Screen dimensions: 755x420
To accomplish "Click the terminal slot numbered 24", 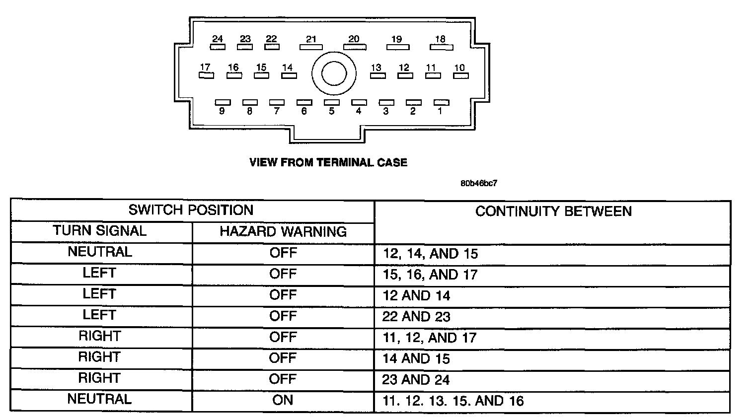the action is tap(218, 47).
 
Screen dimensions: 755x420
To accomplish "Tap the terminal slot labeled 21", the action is tap(311, 47).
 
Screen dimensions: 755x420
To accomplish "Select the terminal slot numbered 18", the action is tap(442, 47).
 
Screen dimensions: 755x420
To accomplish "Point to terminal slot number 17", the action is tap(206, 75).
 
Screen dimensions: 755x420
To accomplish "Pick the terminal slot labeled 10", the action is tap(460, 75).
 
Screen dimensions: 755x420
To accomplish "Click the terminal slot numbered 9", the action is tap(222, 102).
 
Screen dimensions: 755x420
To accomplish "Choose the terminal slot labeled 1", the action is tap(441, 102).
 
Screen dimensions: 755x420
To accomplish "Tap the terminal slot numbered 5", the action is tap(331, 102).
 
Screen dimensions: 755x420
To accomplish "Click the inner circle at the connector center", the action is tap(334, 74).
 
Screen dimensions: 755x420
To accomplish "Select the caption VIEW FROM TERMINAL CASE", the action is tap(328, 162).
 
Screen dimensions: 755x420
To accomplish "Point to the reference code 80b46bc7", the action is tap(478, 183).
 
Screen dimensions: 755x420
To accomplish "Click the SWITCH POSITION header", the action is tap(191, 210).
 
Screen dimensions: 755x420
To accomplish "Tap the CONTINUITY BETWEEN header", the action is tap(553, 211).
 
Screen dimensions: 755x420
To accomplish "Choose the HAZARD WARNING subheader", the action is tap(283, 231).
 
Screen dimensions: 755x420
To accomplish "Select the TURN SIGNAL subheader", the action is tap(100, 231).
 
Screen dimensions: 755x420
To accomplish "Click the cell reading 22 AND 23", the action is tap(416, 317).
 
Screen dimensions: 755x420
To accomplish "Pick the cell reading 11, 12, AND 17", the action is tap(429, 338).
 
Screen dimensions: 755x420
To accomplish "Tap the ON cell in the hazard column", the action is tap(283, 400).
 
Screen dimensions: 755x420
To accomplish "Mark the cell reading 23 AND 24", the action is tap(416, 380).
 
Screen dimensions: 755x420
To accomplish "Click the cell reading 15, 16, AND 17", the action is tap(430, 275).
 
